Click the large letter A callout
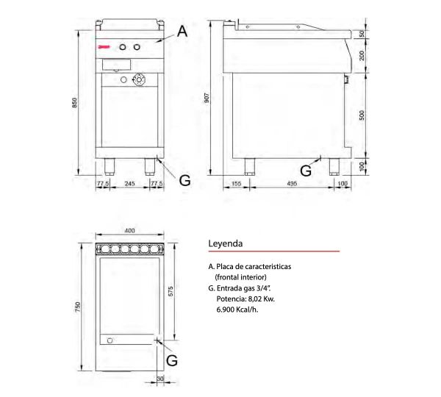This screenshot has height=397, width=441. [182, 31]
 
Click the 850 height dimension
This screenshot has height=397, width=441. [74, 103]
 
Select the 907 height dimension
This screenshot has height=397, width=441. [207, 98]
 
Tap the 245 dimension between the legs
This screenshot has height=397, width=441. [129, 184]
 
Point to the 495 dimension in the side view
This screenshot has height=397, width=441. [292, 184]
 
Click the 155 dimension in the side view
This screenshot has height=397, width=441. [236, 184]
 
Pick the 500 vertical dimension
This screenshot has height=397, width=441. [362, 115]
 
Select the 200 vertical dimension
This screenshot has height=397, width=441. [362, 55]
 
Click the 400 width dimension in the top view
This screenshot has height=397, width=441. [129, 231]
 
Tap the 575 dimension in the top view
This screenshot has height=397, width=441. [171, 291]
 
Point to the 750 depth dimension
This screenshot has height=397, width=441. [78, 307]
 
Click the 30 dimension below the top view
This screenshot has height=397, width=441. [160, 379]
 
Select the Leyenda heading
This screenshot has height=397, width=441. [226, 243]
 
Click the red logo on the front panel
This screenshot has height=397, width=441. [101, 47]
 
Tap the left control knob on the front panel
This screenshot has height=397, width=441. [123, 47]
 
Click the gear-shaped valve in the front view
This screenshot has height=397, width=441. [139, 79]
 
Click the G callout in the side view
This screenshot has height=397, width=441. [306, 171]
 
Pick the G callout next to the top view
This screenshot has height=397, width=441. [172, 361]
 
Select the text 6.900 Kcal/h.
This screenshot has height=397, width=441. [237, 310]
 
